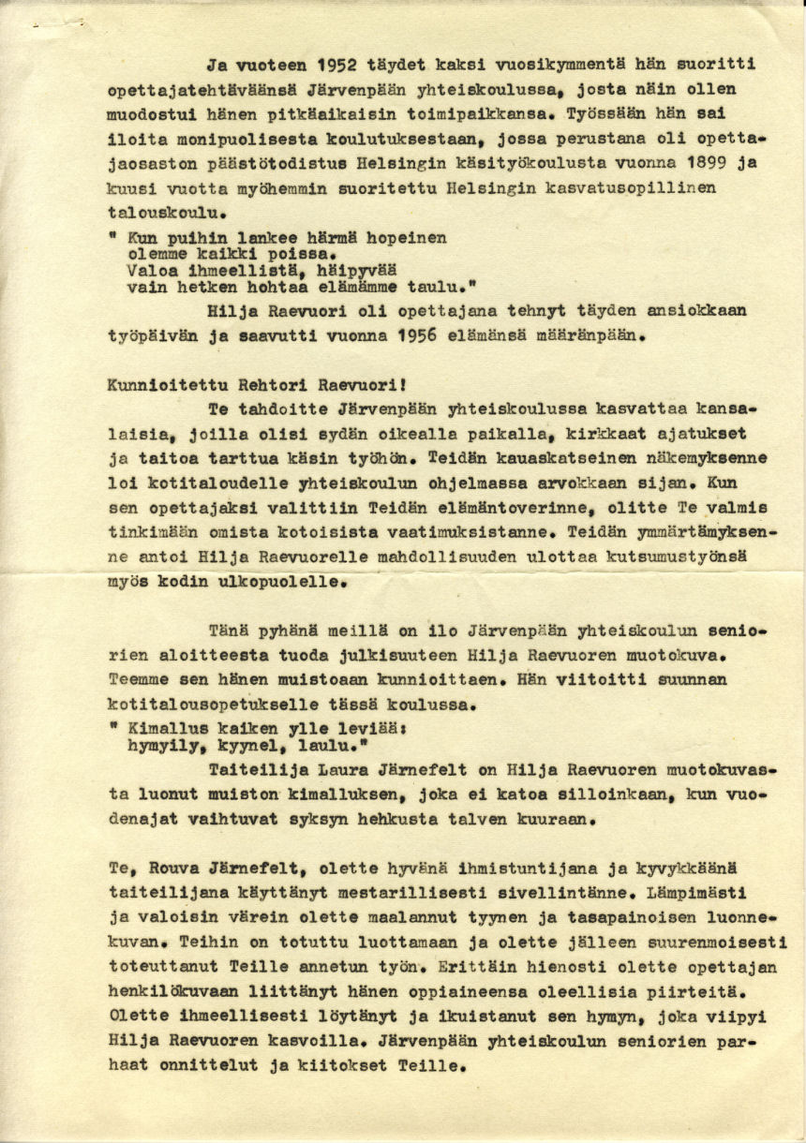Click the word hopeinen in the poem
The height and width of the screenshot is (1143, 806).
pyautogui.click(x=405, y=239)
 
